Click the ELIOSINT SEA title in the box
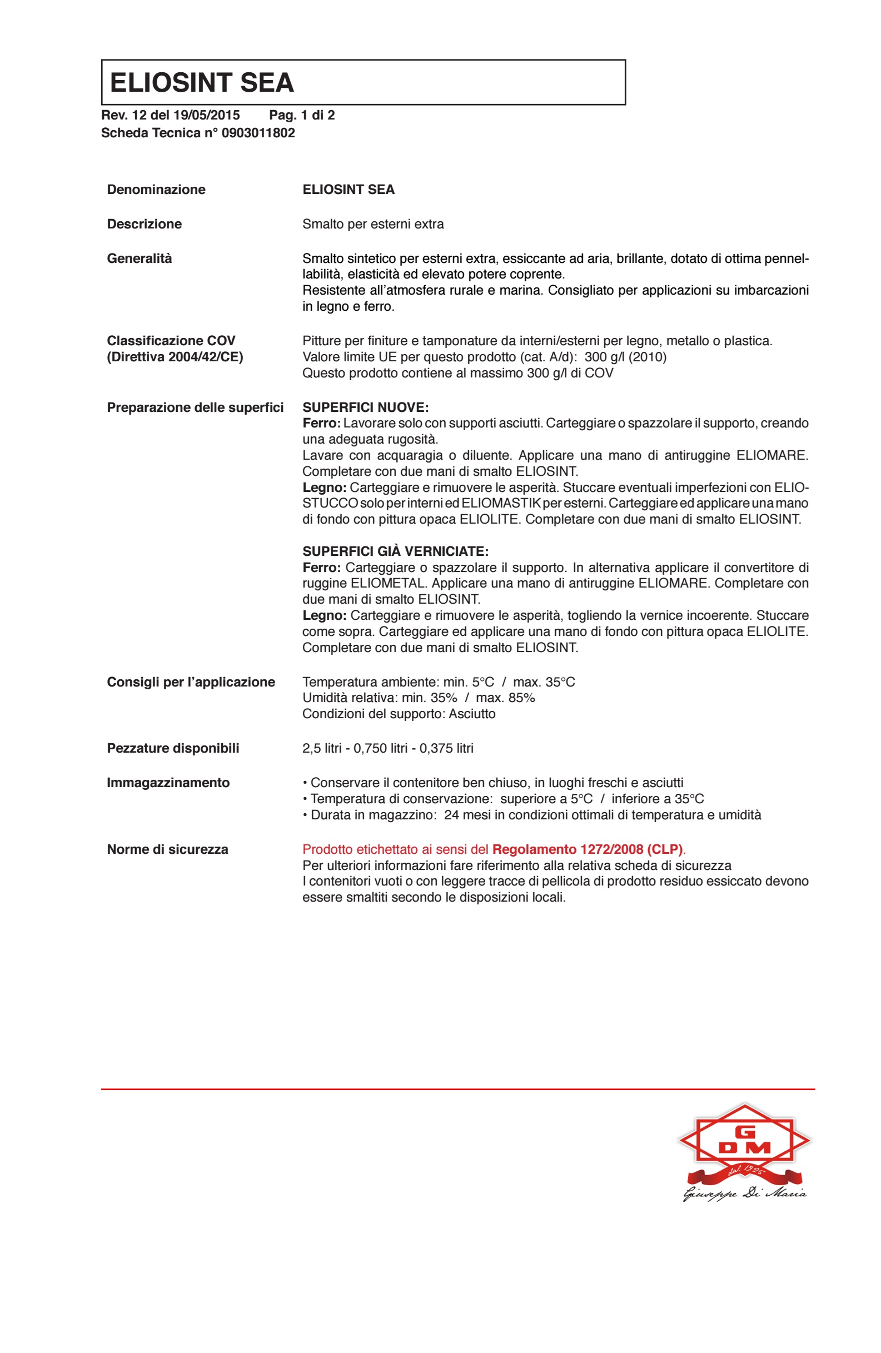pyautogui.click(x=202, y=82)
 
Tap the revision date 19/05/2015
pyautogui.click(x=206, y=116)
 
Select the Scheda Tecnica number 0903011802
pyautogui.click(x=258, y=133)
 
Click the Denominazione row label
pyautogui.click(x=156, y=190)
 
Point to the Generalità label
pyautogui.click(x=140, y=258)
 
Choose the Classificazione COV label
pyautogui.click(x=171, y=341)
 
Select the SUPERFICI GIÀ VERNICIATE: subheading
pyautogui.click(x=395, y=551)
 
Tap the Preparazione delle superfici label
pyautogui.click(x=195, y=407)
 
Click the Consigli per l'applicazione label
pyautogui.click(x=191, y=682)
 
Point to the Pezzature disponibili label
pyautogui.click(x=173, y=748)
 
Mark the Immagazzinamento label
pyautogui.click(x=168, y=783)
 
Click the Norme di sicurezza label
pyautogui.click(x=168, y=849)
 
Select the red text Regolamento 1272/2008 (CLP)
pyautogui.click(x=587, y=849)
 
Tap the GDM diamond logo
pyautogui.click(x=744, y=1139)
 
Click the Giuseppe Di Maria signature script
pyautogui.click(x=744, y=1194)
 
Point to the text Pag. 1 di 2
pyautogui.click(x=302, y=116)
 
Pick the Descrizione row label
pyautogui.click(x=145, y=224)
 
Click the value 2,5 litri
pyautogui.click(x=322, y=748)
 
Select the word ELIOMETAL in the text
pyautogui.click(x=388, y=583)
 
